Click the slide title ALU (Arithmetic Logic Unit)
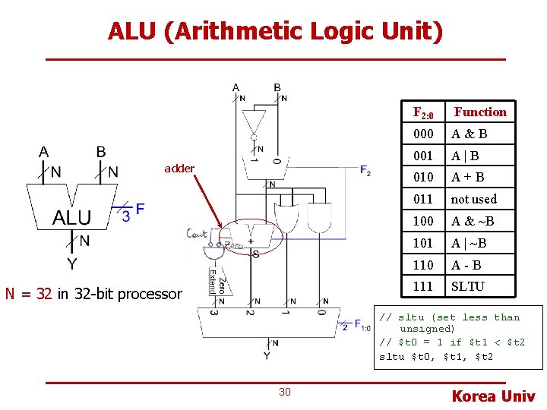pos(275,31)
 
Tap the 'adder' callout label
pos(179,169)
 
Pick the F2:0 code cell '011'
pos(423,199)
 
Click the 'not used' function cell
pos(474,199)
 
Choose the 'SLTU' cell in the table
pos(468,286)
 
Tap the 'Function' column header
pos(480,112)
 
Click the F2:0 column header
pos(423,113)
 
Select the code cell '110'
pos(423,265)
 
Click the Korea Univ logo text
pos(494,396)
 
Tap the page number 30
pos(285,392)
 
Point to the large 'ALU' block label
pos(71,218)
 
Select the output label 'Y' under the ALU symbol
pos(71,264)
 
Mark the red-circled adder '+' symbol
pos(250,241)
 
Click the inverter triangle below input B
pos(254,122)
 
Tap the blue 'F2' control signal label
pos(365,170)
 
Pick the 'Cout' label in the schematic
pos(198,235)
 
